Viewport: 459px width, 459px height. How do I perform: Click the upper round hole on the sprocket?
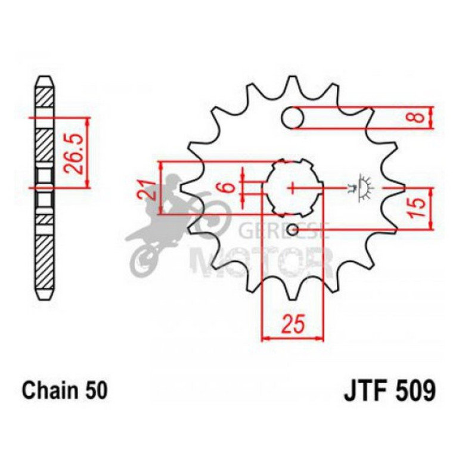(293, 117)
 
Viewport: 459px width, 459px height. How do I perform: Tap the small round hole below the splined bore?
(292, 230)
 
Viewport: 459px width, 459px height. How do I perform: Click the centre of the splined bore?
(293, 188)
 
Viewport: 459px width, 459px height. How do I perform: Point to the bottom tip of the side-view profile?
(45, 296)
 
